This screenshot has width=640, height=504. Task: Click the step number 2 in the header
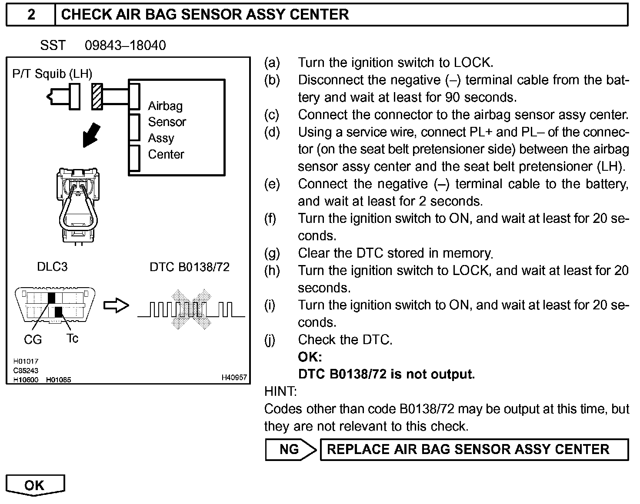point(31,14)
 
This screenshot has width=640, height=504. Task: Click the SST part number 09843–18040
point(125,46)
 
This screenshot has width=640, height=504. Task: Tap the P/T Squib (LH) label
point(52,74)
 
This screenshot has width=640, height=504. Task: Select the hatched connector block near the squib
point(97,96)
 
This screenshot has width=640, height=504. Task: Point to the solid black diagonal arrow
point(92,135)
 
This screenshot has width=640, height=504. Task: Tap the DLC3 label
point(52,266)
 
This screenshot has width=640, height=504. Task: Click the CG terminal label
point(33,340)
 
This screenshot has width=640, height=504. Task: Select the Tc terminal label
point(72,338)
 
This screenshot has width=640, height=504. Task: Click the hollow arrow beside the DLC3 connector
point(116,305)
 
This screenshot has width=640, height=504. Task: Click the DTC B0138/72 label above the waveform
point(190,267)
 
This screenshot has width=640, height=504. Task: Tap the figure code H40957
point(234,378)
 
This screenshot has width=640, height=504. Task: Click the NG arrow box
point(290,449)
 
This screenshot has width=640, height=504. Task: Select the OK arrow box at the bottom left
point(35,485)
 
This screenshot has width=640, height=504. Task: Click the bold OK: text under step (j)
point(310,357)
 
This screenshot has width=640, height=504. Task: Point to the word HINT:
point(280,391)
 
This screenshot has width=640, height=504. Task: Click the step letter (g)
point(272,253)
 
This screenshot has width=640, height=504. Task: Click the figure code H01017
point(26,361)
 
